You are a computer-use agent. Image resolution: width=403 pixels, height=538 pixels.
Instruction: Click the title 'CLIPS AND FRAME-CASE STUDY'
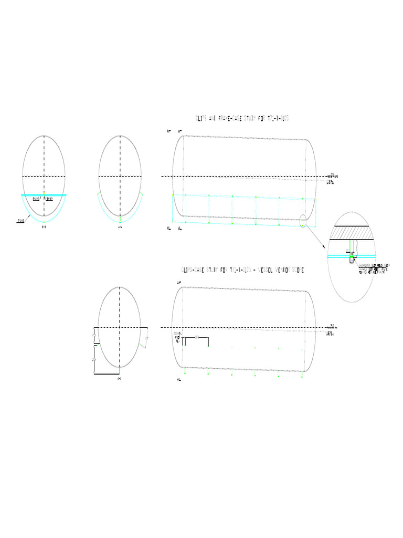click(x=242, y=119)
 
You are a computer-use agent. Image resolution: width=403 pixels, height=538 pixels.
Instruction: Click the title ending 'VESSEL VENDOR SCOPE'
click(x=242, y=270)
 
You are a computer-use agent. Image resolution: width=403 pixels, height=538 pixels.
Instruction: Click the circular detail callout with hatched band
click(x=359, y=257)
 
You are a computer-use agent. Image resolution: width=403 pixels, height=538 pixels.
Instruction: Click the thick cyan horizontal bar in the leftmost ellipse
click(x=44, y=195)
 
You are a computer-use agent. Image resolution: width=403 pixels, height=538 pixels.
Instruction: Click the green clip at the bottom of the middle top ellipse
click(x=120, y=218)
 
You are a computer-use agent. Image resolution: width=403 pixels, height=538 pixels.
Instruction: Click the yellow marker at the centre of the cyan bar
click(x=44, y=195)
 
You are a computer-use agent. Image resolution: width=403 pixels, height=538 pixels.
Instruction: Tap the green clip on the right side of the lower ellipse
click(x=141, y=344)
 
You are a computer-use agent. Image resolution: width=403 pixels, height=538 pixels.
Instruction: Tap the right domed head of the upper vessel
click(x=313, y=179)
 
